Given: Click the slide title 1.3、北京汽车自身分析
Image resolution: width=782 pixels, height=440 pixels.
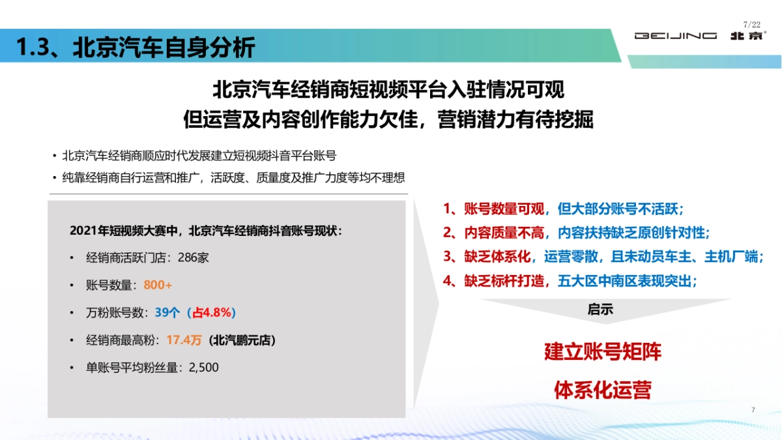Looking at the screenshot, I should [x=136, y=47].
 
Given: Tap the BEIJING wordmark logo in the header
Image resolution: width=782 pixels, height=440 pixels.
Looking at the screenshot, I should [x=676, y=36].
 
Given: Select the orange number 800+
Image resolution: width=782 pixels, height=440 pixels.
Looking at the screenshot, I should [x=158, y=285].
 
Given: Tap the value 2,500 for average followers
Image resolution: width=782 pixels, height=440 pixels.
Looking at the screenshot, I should [x=203, y=368].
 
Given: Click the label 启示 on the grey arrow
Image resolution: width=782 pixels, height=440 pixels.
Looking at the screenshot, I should [x=600, y=310].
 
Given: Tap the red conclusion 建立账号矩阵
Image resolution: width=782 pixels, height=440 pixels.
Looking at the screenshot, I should [x=603, y=352].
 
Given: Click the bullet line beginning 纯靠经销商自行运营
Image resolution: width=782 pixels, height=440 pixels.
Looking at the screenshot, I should [x=233, y=178].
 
